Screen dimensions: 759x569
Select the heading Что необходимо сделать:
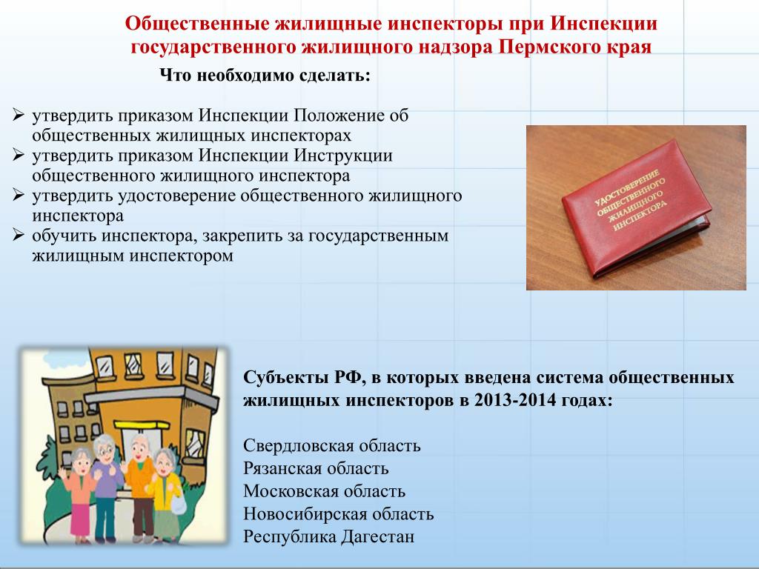point(265,76)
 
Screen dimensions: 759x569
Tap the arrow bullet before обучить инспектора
point(19,235)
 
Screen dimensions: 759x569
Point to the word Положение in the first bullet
point(339,116)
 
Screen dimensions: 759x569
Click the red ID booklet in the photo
point(636,207)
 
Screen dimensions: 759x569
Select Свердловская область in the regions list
point(332,445)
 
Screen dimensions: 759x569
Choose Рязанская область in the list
point(316,468)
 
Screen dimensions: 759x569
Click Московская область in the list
point(325,491)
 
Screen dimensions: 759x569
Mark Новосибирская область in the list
point(338,514)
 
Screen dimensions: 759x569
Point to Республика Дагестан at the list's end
point(328,536)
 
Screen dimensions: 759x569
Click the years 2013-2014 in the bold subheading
point(514,401)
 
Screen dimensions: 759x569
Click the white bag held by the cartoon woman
point(178,505)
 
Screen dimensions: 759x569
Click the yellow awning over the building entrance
point(142,425)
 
